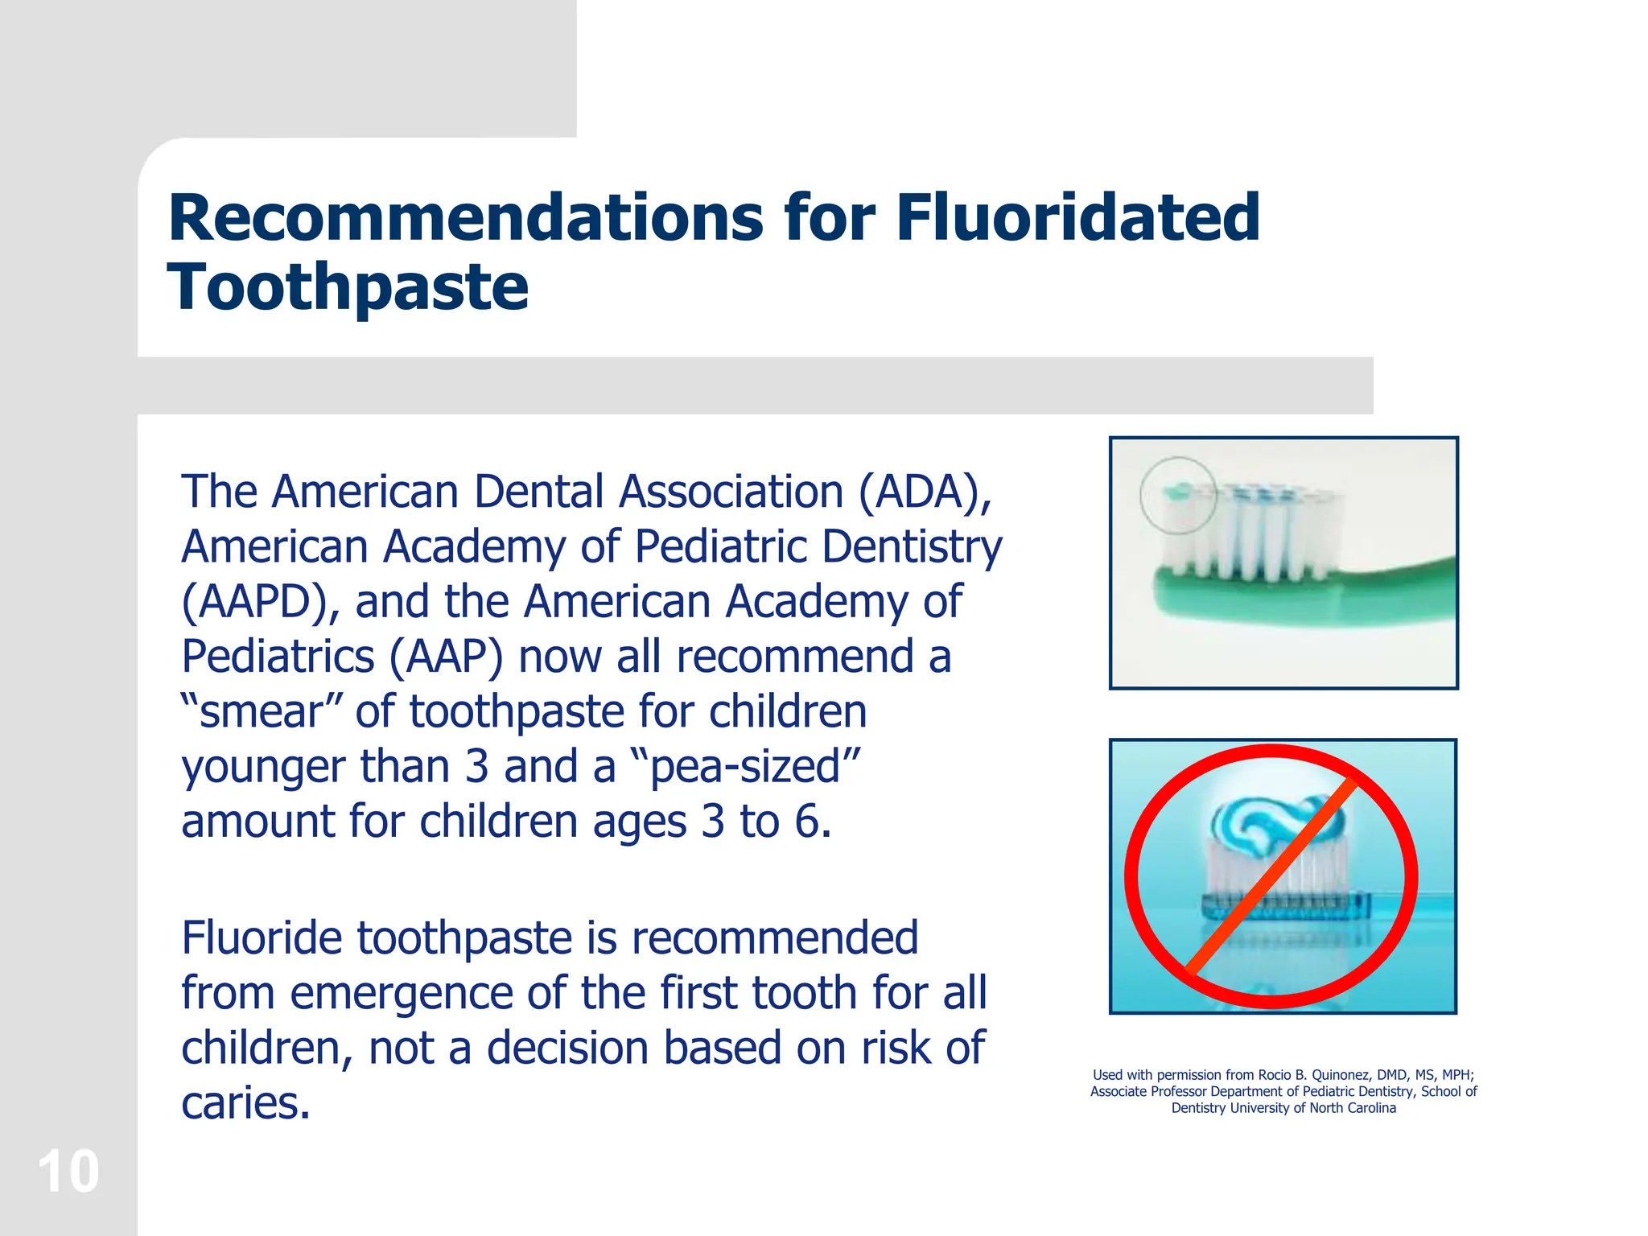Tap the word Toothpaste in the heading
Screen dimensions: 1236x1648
click(x=348, y=287)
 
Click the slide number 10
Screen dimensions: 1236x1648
click(x=68, y=1172)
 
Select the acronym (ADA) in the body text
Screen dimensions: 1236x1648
click(x=925, y=492)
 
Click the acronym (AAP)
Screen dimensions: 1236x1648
click(x=447, y=657)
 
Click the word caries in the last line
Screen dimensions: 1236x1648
click(x=245, y=1103)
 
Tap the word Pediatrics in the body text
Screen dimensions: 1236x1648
click(x=278, y=657)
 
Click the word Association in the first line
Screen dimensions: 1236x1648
click(x=730, y=492)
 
